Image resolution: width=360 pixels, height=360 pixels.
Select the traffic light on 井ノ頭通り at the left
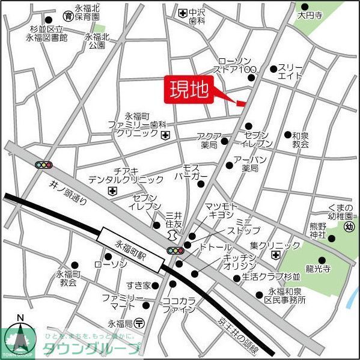pos(44,164)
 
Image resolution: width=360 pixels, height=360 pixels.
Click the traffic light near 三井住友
pos(174,250)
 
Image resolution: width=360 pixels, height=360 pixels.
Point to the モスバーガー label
pos(191,172)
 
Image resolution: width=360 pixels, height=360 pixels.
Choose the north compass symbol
pos(19,338)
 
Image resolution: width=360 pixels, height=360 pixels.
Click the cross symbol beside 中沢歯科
pos(182,12)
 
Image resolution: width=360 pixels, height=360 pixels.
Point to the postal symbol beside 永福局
pos(139,322)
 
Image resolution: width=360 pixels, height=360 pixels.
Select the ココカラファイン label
pos(179,305)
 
